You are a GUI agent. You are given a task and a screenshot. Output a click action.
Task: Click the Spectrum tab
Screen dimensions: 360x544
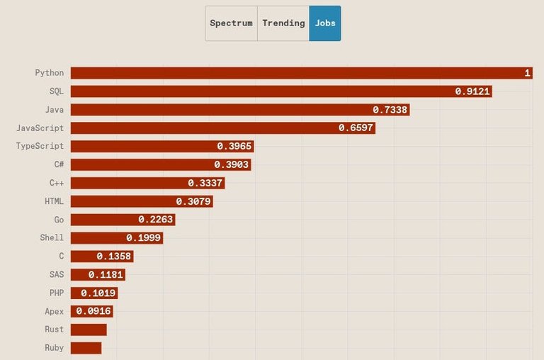click(x=231, y=23)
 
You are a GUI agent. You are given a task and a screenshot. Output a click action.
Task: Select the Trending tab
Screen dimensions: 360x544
click(x=283, y=23)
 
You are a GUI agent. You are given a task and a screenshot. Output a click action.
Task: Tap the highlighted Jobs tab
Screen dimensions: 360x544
click(x=325, y=23)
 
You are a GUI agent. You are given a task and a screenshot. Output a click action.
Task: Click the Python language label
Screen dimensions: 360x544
click(x=50, y=73)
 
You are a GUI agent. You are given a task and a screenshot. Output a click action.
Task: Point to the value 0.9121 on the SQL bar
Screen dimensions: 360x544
click(x=473, y=91)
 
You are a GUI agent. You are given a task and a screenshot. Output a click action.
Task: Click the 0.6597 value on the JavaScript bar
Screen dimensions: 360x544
click(x=356, y=128)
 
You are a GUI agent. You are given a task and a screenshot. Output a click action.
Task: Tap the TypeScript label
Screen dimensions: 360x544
click(x=40, y=146)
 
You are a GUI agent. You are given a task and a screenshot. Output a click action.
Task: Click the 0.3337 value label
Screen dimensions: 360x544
click(x=205, y=183)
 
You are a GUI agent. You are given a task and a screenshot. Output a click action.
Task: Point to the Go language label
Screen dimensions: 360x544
click(x=59, y=220)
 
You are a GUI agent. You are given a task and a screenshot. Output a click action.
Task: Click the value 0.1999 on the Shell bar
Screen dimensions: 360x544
click(x=144, y=238)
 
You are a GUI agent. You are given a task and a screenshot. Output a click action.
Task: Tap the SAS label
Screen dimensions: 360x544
click(x=57, y=274)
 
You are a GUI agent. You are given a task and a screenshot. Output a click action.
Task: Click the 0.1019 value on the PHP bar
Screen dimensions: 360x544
click(x=98, y=293)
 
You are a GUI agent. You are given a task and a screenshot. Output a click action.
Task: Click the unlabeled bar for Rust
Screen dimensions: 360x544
click(x=89, y=330)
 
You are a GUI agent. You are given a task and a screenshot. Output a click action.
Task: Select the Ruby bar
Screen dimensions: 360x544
click(x=86, y=348)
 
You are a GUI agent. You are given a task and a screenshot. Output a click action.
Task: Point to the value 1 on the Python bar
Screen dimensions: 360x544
click(x=527, y=73)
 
